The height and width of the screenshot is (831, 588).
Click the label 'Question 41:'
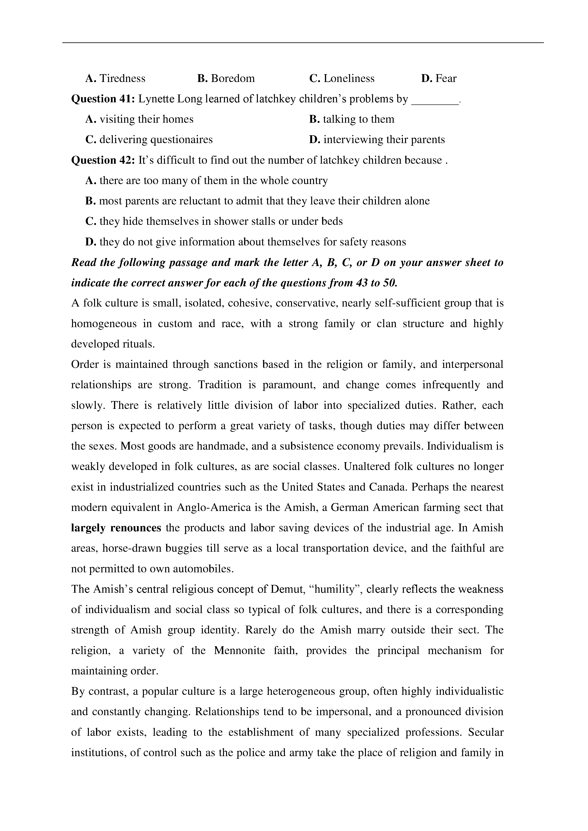tap(103, 99)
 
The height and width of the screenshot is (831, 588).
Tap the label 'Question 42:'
tap(103, 160)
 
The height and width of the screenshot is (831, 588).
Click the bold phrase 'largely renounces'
tap(116, 528)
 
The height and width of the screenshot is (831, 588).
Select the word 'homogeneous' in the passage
tap(104, 324)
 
